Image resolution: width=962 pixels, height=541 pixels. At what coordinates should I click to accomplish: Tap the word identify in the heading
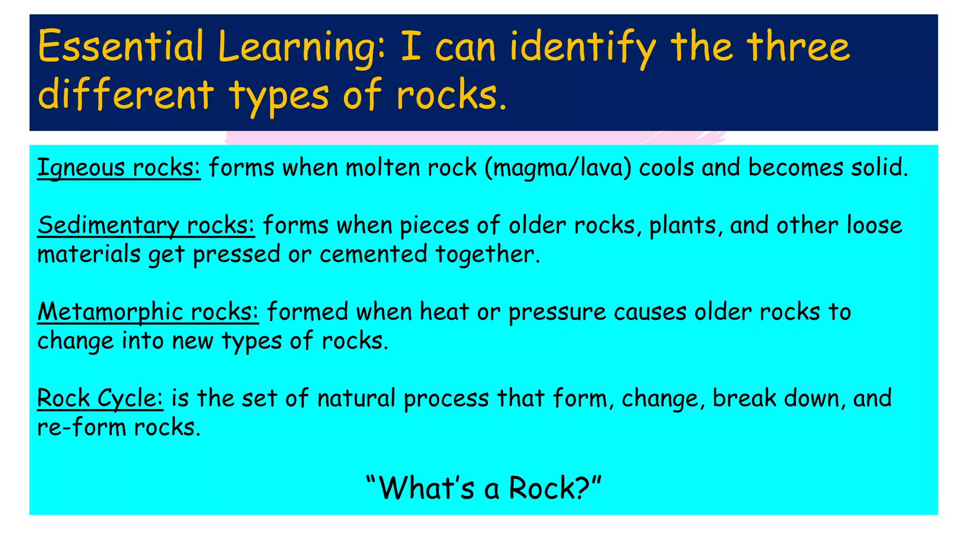click(583, 47)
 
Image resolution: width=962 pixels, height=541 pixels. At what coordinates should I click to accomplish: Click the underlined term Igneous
click(81, 168)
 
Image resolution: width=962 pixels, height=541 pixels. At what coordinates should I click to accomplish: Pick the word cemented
click(373, 254)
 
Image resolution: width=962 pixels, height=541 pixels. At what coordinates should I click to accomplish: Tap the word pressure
click(557, 313)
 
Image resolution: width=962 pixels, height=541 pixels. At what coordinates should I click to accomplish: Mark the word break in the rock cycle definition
click(745, 398)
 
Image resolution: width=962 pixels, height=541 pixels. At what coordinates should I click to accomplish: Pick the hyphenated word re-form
click(81, 427)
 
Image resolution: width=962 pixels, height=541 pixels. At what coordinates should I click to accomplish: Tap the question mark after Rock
click(583, 488)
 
